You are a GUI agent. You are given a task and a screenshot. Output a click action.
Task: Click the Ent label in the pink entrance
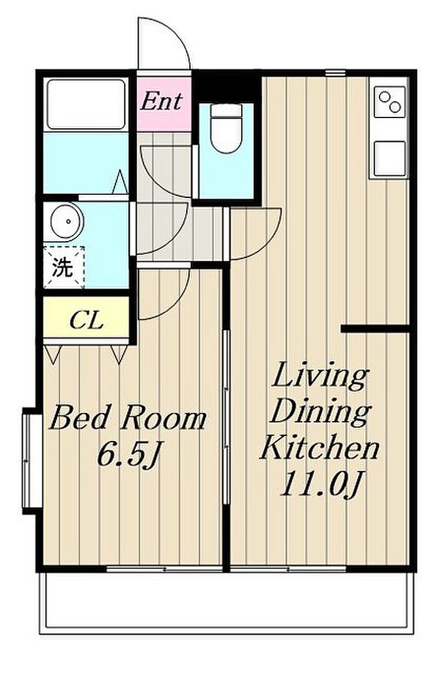(x=162, y=102)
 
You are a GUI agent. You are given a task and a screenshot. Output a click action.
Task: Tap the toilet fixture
(x=226, y=127)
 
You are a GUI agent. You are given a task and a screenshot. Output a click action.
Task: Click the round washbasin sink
(x=67, y=222)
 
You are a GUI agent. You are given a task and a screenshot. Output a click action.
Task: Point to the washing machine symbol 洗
(x=63, y=267)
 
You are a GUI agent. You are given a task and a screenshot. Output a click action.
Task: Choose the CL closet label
(x=87, y=320)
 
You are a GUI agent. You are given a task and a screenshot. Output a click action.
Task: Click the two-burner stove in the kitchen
(x=390, y=102)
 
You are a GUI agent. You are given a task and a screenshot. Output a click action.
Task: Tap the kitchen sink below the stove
(x=390, y=159)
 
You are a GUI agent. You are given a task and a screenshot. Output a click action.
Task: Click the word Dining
(x=320, y=412)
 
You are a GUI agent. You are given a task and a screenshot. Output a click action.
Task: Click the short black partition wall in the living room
(x=375, y=329)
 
